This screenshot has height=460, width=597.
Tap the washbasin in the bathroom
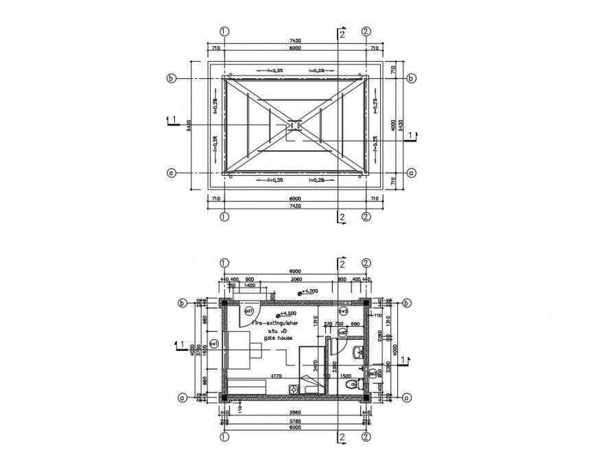pyautogui.click(x=354, y=354)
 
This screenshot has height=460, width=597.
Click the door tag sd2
pyautogui.click(x=341, y=332)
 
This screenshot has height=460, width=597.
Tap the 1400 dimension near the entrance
pyautogui.click(x=249, y=285)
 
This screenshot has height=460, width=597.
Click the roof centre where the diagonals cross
pyautogui.click(x=294, y=126)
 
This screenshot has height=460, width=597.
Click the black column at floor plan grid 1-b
pyautogui.click(x=223, y=302)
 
